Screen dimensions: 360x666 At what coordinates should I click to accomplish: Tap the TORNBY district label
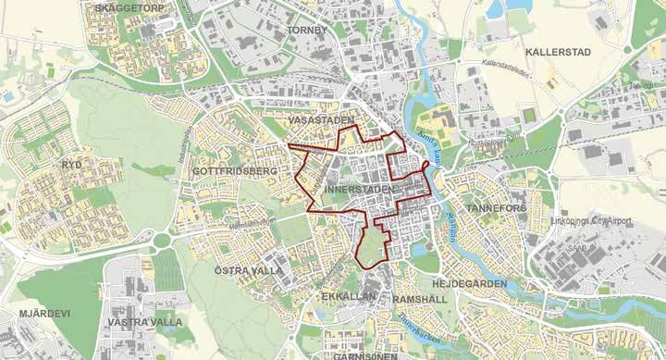point(307,30)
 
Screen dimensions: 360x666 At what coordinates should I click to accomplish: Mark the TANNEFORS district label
point(497,209)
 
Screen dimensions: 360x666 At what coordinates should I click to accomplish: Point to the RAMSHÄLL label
point(421,301)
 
